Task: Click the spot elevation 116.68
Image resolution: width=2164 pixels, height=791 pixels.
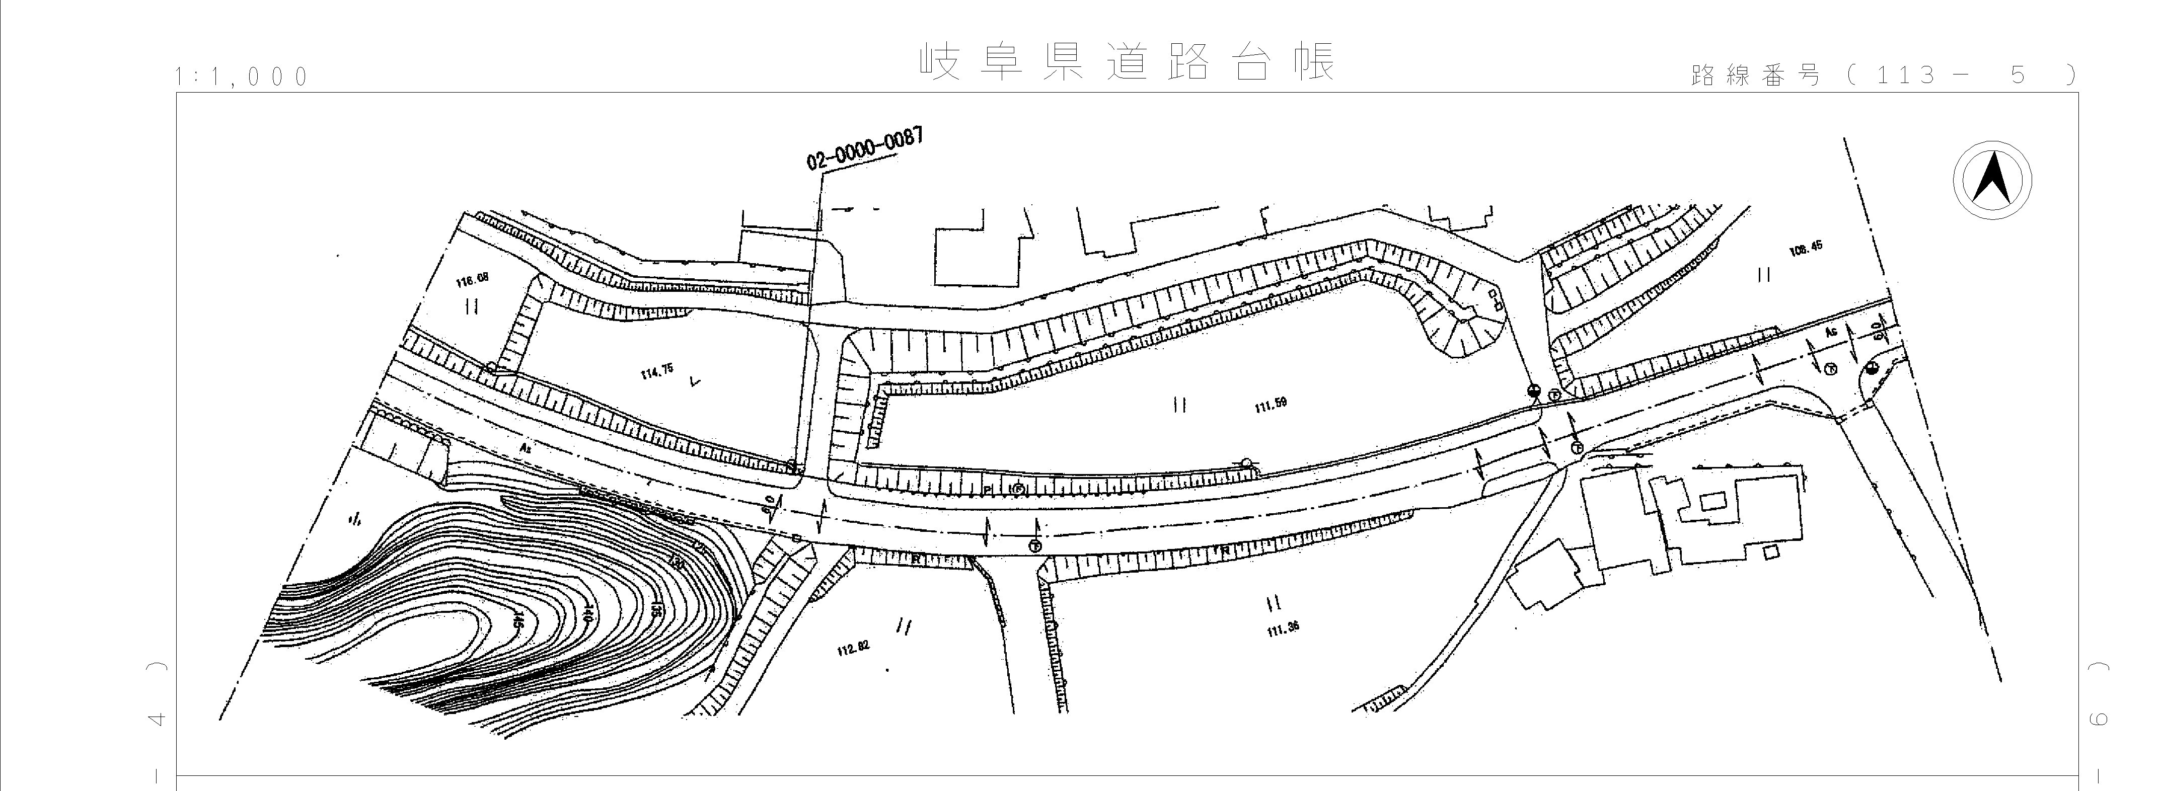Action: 472,280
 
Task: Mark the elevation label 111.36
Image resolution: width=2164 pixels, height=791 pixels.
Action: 1283,627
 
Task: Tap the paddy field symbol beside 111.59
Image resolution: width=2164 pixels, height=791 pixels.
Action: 1179,406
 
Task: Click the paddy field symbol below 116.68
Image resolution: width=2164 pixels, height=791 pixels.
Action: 472,307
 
